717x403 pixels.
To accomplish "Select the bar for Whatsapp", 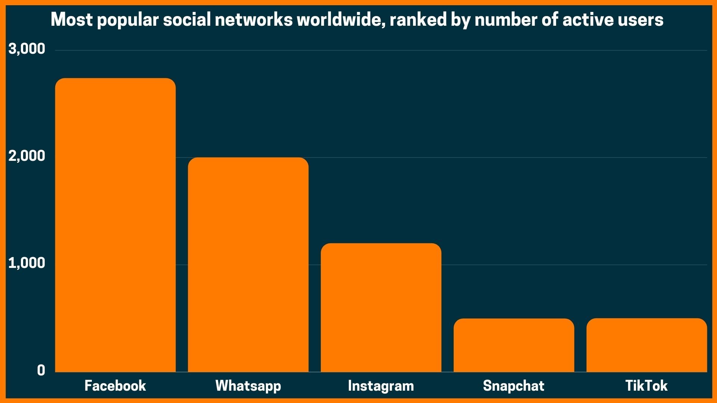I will click(x=248, y=265).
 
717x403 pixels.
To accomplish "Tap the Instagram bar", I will click(x=381, y=307).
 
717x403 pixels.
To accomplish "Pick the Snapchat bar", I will click(x=514, y=345).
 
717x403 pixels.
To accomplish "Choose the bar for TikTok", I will click(x=646, y=345).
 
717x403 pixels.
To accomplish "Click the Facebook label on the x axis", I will click(x=115, y=385).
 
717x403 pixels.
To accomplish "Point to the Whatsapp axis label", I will click(x=248, y=386).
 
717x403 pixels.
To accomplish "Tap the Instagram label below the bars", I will click(x=381, y=386).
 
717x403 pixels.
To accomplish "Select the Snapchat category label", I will click(x=514, y=385).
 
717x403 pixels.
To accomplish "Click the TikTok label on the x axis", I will click(x=646, y=385).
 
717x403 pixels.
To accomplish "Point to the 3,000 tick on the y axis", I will click(x=27, y=49).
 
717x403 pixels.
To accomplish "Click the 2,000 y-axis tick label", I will click(x=27, y=156).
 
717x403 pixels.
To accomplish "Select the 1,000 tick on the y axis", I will click(x=27, y=263).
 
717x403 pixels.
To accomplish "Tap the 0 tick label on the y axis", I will click(x=41, y=370).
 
